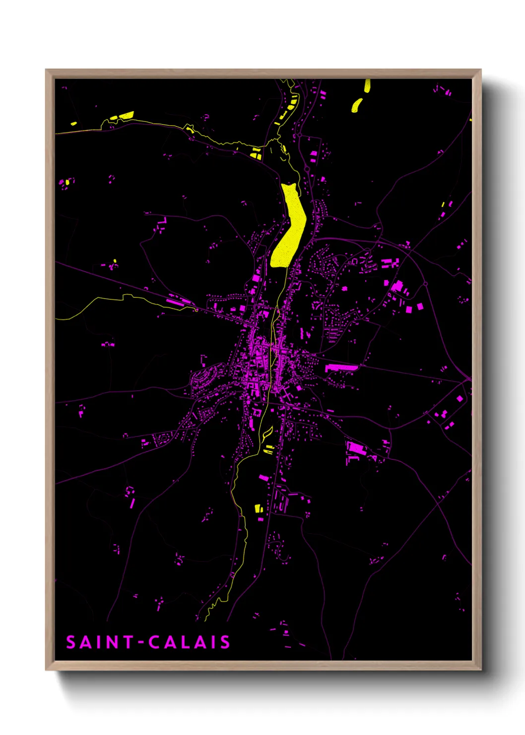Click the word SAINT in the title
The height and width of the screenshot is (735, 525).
tap(99, 642)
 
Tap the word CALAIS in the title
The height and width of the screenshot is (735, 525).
tap(189, 642)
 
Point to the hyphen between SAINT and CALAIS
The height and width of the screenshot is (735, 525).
tap(141, 643)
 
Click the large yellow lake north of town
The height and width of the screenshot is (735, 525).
tap(289, 226)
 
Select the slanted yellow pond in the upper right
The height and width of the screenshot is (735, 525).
tap(356, 105)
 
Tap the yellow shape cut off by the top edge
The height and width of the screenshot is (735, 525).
tap(367, 85)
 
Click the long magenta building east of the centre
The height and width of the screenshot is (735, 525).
tap(341, 367)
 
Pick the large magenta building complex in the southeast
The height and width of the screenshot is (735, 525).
tap(356, 448)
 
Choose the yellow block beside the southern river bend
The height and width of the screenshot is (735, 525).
tap(258, 508)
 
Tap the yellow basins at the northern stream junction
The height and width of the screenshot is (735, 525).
tap(256, 153)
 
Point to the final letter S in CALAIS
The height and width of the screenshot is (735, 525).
tap(225, 642)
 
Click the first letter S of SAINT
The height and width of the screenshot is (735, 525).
tap(70, 642)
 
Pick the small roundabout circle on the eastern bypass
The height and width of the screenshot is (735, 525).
tap(425, 284)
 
